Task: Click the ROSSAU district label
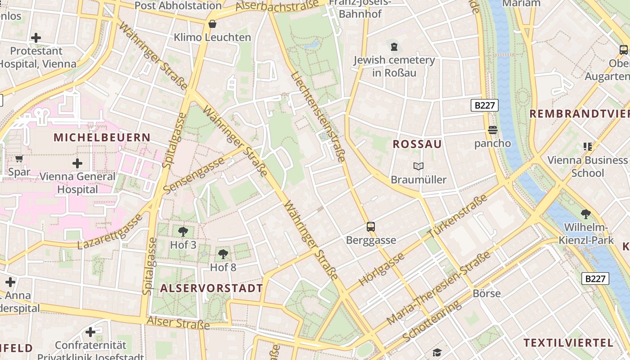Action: pyautogui.click(x=417, y=144)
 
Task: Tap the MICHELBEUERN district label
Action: pyautogui.click(x=102, y=137)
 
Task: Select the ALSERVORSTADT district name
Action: pyautogui.click(x=211, y=288)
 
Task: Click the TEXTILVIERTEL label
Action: pyautogui.click(x=568, y=343)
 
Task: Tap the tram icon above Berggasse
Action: pyautogui.click(x=371, y=227)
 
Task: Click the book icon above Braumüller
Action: pyautogui.click(x=418, y=166)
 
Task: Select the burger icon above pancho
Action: pyautogui.click(x=493, y=130)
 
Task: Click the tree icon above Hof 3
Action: pyautogui.click(x=183, y=232)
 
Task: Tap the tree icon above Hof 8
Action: pyautogui.click(x=223, y=254)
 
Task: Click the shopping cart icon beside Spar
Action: pyautogui.click(x=19, y=158)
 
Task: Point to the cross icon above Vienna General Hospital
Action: pyautogui.click(x=77, y=163)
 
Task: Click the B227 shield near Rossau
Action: pyautogui.click(x=485, y=105)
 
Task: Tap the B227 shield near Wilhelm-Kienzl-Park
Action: pyautogui.click(x=595, y=279)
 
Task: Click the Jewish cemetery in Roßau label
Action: pyautogui.click(x=394, y=66)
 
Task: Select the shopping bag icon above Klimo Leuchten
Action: pyautogui.click(x=212, y=24)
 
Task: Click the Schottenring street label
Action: pyautogui.click(x=432, y=320)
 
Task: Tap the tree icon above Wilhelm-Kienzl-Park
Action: pyautogui.click(x=586, y=214)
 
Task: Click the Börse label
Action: pyautogui.click(x=486, y=293)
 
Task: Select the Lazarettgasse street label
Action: pyautogui.click(x=110, y=232)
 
